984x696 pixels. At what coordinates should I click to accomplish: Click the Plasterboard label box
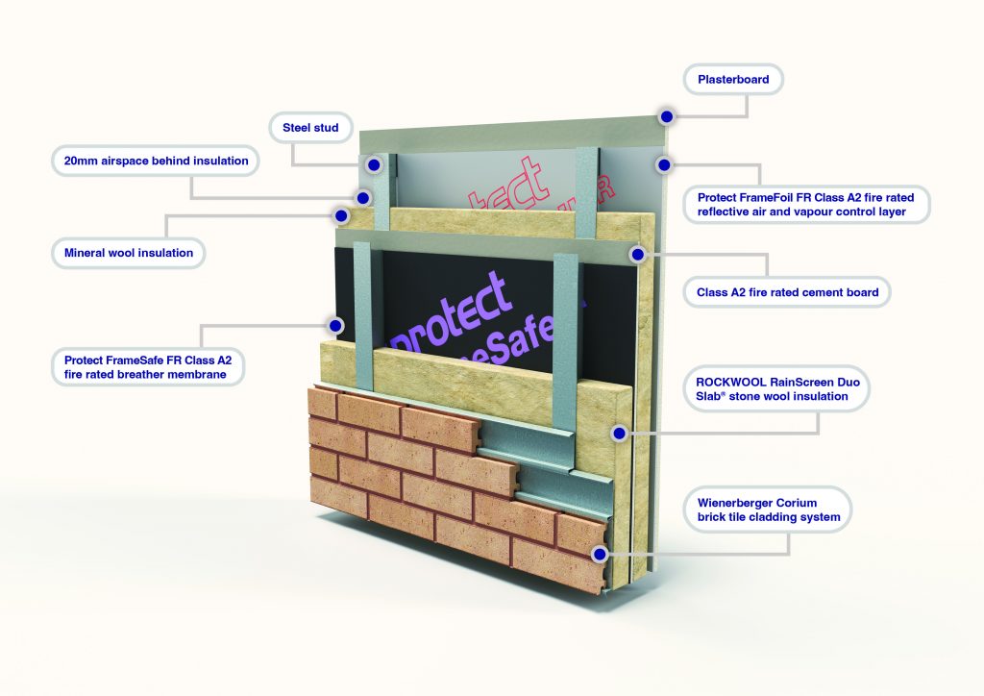click(733, 80)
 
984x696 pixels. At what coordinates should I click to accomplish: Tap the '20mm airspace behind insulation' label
click(155, 161)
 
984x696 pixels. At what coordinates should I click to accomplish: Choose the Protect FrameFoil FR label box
click(806, 204)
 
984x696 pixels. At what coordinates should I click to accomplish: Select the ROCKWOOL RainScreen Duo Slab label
click(781, 389)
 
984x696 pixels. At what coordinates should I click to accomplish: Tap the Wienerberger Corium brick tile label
click(768, 510)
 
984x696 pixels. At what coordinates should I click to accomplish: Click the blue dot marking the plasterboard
click(666, 116)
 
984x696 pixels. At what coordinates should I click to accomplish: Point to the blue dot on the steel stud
click(374, 165)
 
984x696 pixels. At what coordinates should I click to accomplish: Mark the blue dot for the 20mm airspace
click(362, 198)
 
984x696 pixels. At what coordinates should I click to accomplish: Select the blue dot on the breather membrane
click(335, 325)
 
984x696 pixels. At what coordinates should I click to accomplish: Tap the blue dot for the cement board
click(635, 255)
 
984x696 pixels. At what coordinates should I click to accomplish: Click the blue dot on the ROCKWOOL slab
click(620, 434)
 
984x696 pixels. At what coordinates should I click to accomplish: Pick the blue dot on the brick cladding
click(602, 554)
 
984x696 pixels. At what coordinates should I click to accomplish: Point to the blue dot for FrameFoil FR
click(663, 165)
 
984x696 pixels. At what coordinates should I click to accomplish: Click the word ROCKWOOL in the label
click(730, 383)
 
